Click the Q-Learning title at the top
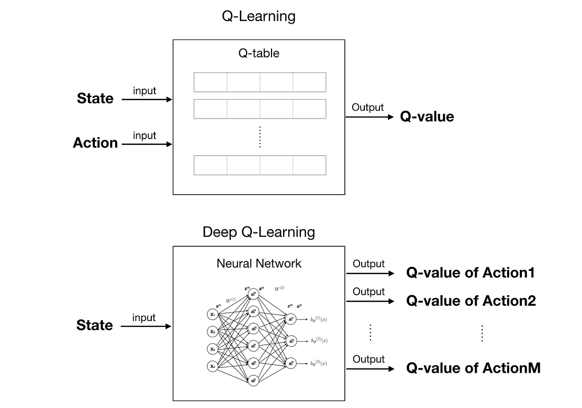(258, 16)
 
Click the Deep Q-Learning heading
(258, 232)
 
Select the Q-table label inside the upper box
(258, 53)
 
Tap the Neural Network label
(259, 264)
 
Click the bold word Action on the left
(95, 143)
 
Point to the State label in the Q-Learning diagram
(95, 99)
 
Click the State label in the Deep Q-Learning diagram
(94, 325)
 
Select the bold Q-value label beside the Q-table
(426, 116)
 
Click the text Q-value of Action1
(470, 273)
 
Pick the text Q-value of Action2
(471, 301)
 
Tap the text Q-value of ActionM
(473, 368)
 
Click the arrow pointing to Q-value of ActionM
(370, 368)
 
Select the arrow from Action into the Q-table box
(147, 143)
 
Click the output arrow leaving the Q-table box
(369, 117)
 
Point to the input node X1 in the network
(212, 314)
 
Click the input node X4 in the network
(212, 366)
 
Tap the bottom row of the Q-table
(259, 165)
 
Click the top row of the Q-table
(259, 82)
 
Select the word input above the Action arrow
(144, 135)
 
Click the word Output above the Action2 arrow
(368, 292)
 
